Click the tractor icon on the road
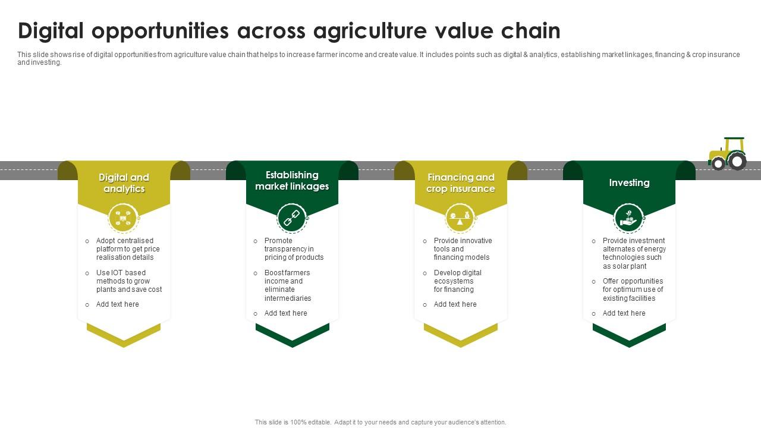tap(728, 153)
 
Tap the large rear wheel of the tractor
tap(737, 160)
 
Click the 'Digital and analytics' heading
tap(124, 183)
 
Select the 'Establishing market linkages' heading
tap(292, 181)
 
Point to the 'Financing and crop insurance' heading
tap(461, 183)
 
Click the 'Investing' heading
tap(629, 182)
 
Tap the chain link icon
tap(292, 218)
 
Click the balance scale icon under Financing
tap(460, 218)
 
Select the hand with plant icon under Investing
tap(628, 219)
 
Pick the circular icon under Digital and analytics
tap(123, 218)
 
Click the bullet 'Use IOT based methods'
tap(129, 281)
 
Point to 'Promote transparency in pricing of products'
tap(294, 249)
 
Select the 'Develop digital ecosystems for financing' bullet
tap(457, 281)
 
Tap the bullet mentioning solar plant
tap(634, 253)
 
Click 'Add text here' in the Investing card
tap(624, 313)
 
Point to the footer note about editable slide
tap(380, 422)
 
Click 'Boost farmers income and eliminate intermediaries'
tap(288, 285)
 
